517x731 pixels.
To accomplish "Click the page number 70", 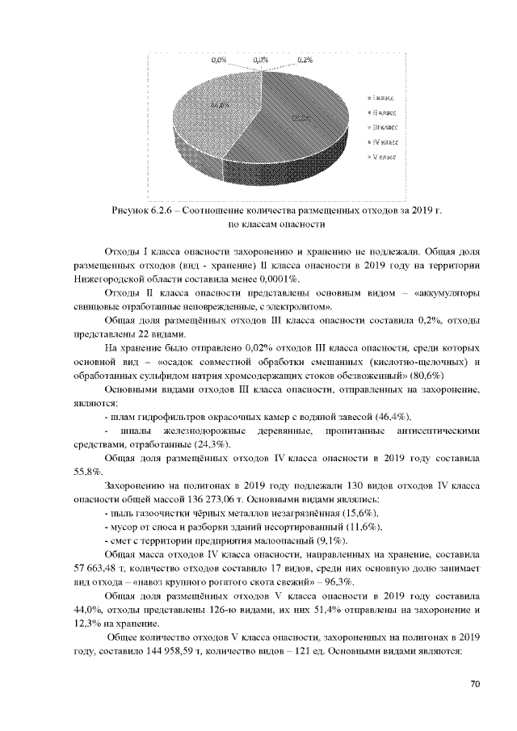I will coord(475,684).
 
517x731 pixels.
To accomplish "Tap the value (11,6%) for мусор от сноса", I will coord(358,527).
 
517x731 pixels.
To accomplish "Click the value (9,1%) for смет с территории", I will coord(325,540).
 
